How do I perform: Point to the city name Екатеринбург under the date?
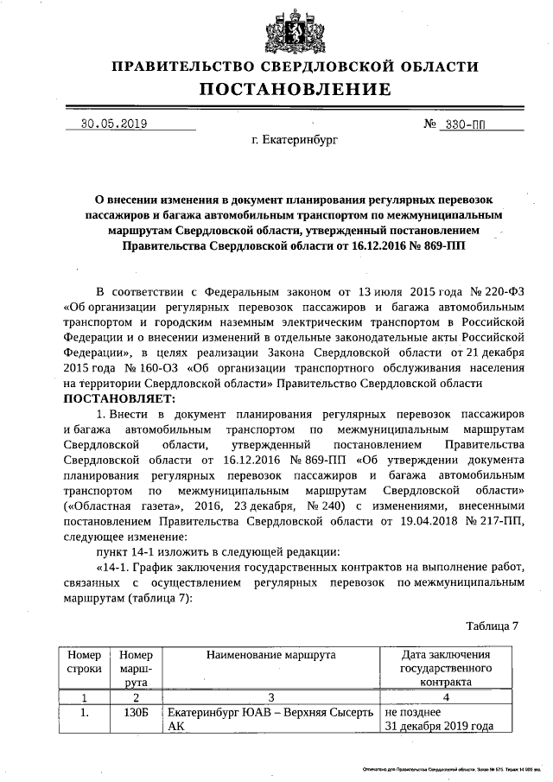pyautogui.click(x=295, y=138)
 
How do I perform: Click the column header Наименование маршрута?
pyautogui.click(x=270, y=656)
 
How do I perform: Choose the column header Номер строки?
pyautogui.click(x=84, y=663)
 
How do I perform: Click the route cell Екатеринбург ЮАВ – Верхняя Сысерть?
pyautogui.click(x=270, y=713)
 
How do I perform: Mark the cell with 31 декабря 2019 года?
pyautogui.click(x=438, y=726)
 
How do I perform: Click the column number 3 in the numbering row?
pyautogui.click(x=270, y=697)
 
